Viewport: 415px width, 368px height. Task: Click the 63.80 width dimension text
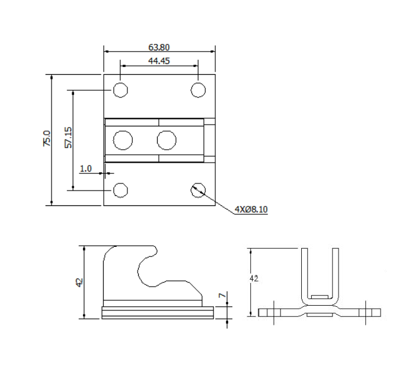pos(159,46)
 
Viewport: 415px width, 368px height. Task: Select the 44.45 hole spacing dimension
pos(159,61)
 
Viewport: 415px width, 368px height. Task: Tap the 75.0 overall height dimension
pos(47,139)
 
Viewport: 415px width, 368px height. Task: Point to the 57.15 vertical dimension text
pos(68,137)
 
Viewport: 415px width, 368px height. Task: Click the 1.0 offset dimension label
pos(85,169)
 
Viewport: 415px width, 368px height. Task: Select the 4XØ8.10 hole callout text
pos(251,209)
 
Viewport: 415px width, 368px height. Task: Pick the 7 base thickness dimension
pos(221,295)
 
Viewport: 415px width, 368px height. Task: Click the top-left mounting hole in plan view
pos(121,90)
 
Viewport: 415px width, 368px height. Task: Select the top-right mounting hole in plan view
pos(197,90)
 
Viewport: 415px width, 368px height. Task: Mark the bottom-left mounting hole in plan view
pos(121,190)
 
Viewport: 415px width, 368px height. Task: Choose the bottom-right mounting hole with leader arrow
pos(197,190)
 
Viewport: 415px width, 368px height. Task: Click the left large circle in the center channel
pos(123,140)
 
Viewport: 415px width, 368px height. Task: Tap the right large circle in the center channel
pos(167,140)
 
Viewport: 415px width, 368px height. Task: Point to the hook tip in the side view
pos(155,253)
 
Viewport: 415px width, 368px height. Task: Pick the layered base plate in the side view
pos(157,312)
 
